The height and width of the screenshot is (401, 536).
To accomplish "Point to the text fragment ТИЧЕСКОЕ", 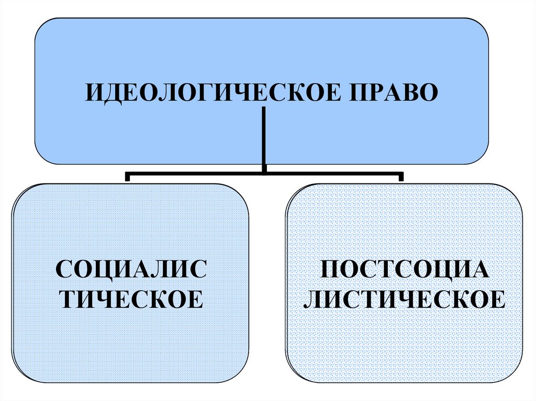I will [x=131, y=299].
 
